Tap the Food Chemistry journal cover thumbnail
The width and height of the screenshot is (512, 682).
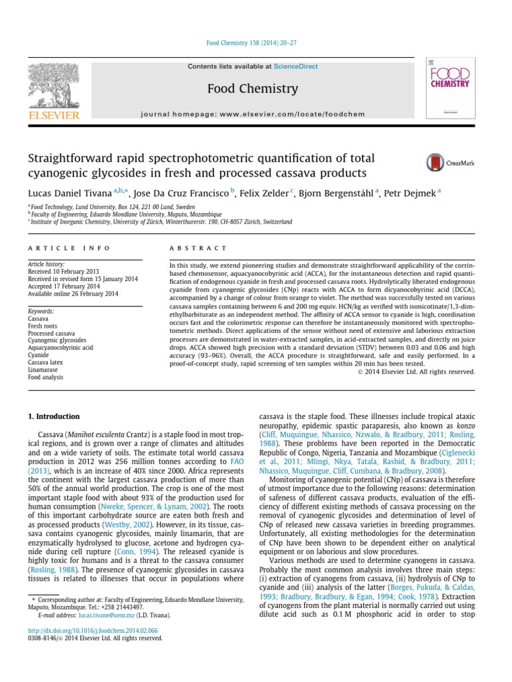[450, 88]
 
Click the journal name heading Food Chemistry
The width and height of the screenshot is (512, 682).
[252, 89]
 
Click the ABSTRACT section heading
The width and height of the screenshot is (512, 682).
[198, 248]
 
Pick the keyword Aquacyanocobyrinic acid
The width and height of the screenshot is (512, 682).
[61, 348]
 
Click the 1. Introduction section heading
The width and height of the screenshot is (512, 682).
[53, 417]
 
